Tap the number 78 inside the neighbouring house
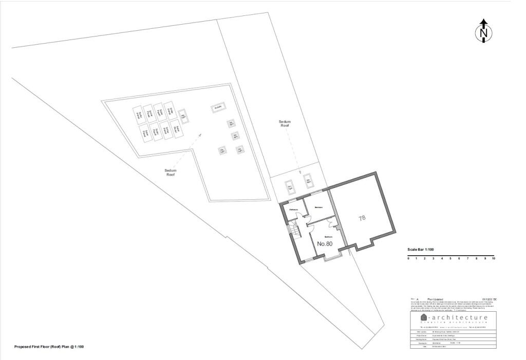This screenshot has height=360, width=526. coord(362,218)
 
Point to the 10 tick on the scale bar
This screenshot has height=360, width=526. coord(494,258)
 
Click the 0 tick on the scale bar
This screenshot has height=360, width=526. coord(408,258)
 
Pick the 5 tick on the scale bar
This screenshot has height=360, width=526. coord(451,258)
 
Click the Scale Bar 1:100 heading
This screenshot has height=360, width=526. coord(421,249)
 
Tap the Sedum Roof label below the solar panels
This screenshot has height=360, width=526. coord(171,173)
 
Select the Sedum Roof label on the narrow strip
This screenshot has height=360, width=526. coord(285,124)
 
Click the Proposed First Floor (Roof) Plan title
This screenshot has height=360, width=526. coord(49,347)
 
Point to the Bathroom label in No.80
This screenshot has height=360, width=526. coord(294,210)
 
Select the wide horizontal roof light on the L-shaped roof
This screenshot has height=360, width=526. coord(218,108)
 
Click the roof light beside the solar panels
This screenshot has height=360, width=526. coord(183,117)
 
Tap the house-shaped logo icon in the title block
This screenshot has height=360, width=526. coord(424,318)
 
